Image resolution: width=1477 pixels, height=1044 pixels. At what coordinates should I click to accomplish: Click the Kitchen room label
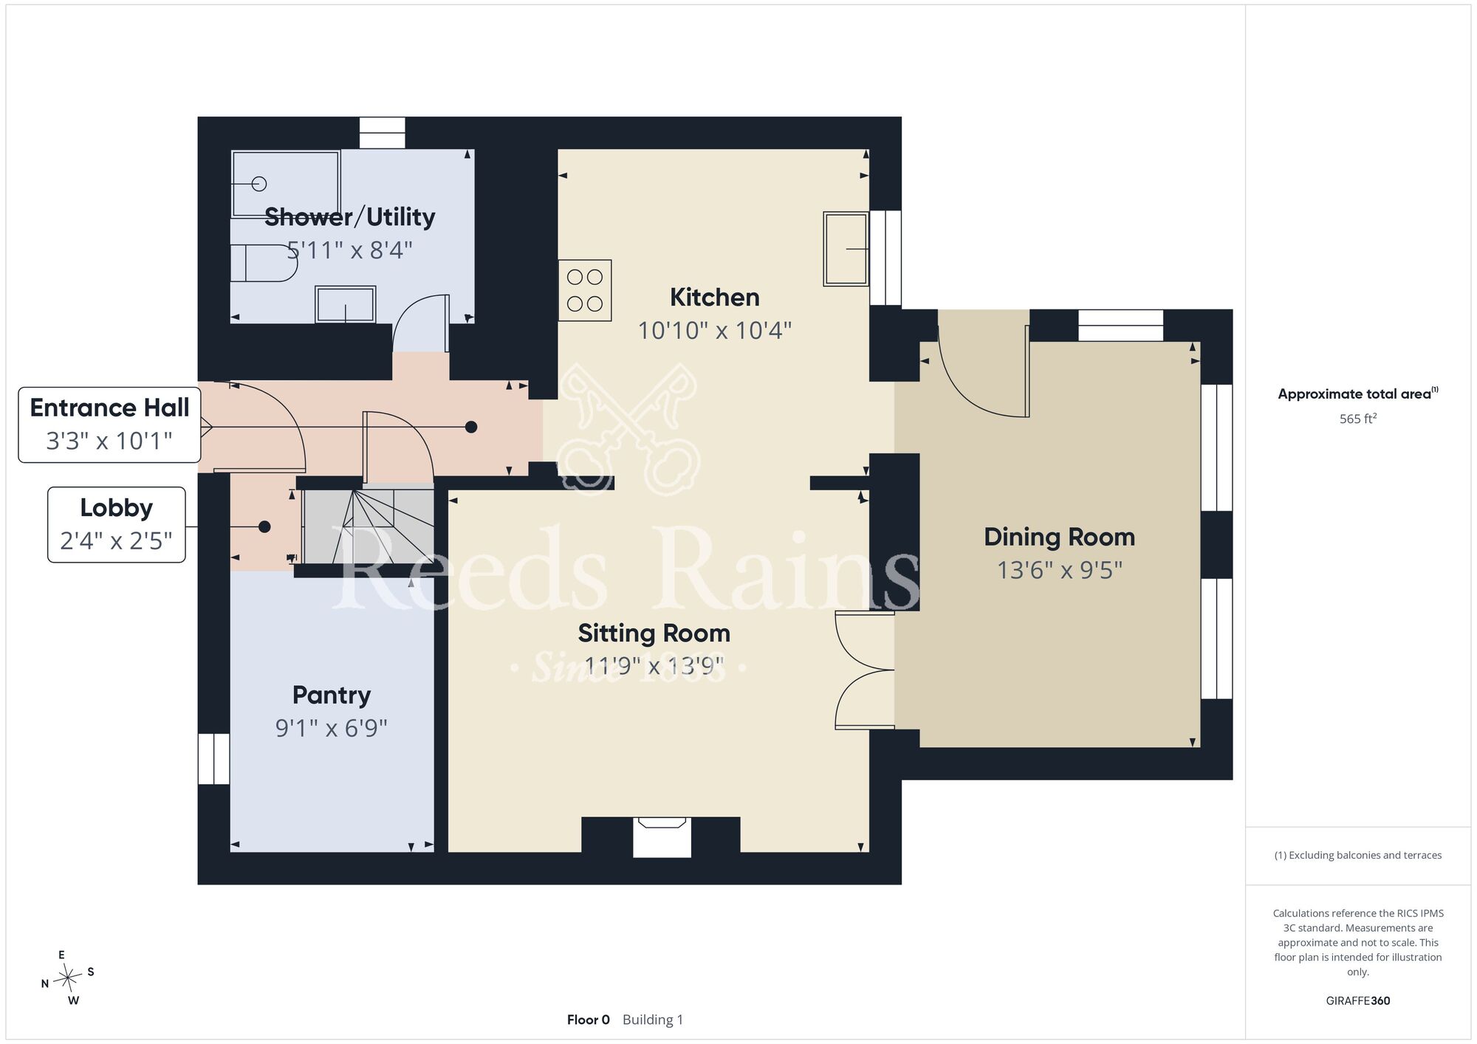(714, 298)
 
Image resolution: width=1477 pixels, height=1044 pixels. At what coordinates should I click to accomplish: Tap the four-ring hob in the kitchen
(585, 290)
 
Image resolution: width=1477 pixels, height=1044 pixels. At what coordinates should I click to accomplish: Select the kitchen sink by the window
(846, 249)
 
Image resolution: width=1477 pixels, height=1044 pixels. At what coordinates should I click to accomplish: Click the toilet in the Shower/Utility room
(264, 264)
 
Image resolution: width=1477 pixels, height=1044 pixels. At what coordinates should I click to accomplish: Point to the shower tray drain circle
(259, 184)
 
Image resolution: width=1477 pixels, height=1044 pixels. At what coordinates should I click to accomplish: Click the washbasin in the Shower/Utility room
(346, 304)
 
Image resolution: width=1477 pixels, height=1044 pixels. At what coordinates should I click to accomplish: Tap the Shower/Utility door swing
(421, 323)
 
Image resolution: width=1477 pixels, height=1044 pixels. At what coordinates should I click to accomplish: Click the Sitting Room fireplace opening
(662, 837)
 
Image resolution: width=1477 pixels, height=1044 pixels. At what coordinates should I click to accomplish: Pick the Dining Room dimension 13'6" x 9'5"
(1060, 570)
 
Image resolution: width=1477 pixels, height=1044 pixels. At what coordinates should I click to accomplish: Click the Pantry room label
(332, 695)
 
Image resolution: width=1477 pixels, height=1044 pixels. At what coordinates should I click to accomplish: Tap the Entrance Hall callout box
(109, 425)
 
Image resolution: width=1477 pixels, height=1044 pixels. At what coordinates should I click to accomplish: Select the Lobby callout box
(117, 524)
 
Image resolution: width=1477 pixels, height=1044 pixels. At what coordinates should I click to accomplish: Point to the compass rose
(68, 978)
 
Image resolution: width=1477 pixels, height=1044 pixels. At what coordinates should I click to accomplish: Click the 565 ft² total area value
(1358, 419)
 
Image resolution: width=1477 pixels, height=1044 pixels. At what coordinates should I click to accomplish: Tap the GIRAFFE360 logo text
(1358, 1001)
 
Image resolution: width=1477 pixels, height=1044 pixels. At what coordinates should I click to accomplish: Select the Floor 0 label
(589, 1020)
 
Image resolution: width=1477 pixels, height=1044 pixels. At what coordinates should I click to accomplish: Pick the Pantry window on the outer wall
(213, 759)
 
